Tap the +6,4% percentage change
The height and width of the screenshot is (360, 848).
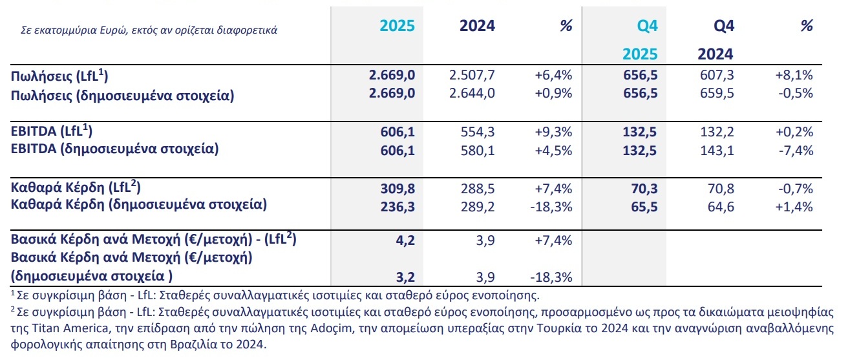(555, 76)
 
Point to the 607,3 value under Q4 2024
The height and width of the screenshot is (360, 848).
(717, 76)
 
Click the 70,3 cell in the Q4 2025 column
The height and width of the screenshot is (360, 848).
(644, 189)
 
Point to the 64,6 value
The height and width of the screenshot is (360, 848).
(721, 207)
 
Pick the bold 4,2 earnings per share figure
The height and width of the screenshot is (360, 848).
(405, 240)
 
